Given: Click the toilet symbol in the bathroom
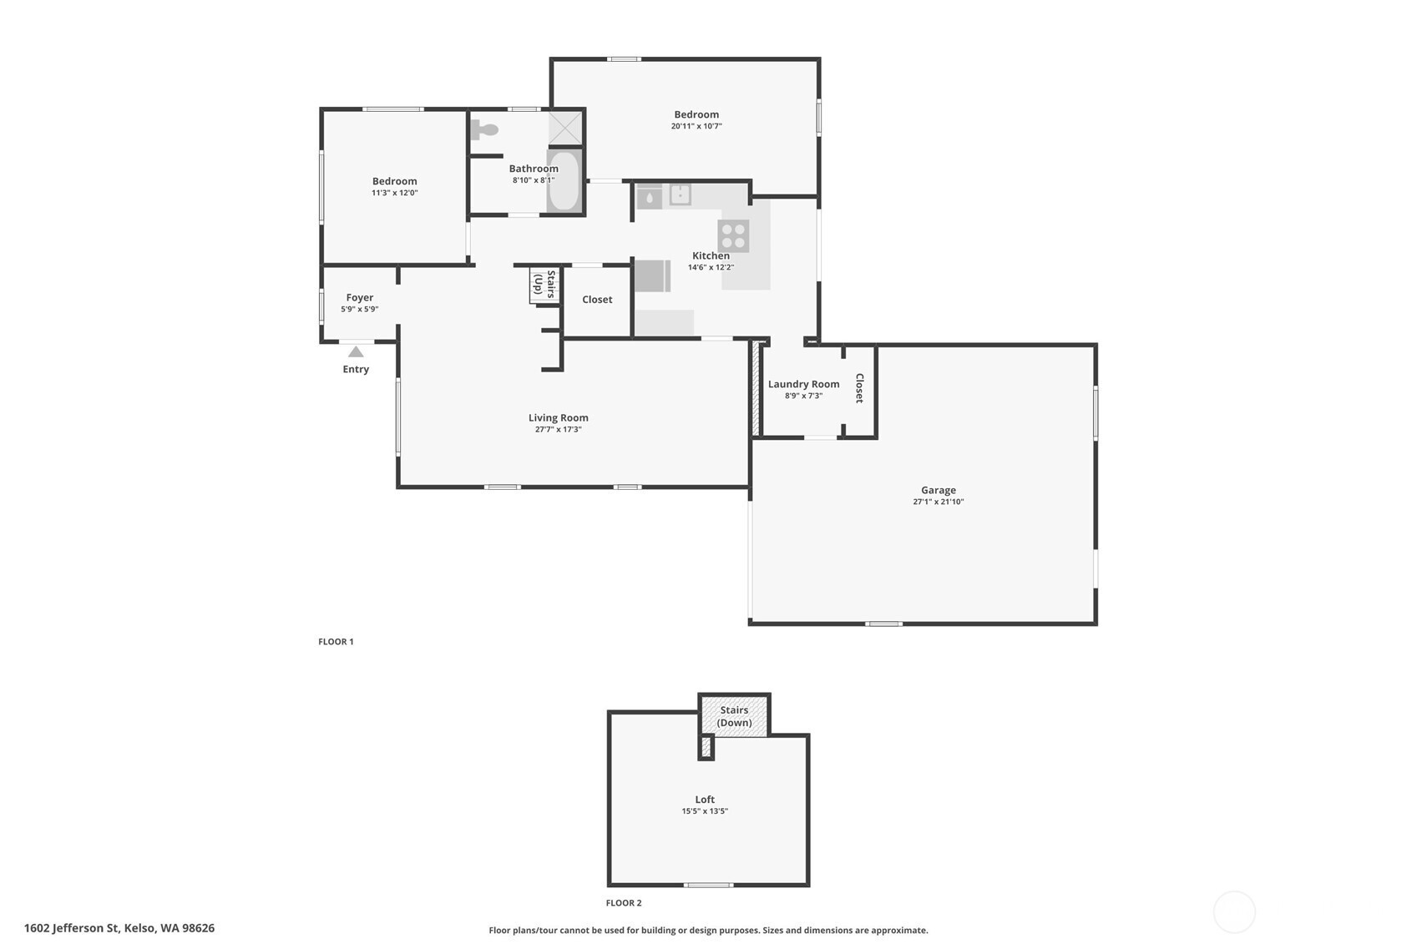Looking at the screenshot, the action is (x=484, y=129).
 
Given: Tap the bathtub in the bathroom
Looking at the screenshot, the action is (x=564, y=181).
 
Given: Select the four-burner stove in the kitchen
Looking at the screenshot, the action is (x=733, y=236).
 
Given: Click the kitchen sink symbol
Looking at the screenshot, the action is (x=680, y=194).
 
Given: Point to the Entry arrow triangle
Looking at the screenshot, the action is (x=357, y=352).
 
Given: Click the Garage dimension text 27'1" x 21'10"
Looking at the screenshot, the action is (x=939, y=502).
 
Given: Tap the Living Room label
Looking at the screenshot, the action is (x=559, y=418).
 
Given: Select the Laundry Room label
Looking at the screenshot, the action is (x=803, y=385).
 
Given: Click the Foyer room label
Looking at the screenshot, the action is (x=360, y=298).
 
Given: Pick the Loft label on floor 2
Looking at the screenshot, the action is (x=705, y=800).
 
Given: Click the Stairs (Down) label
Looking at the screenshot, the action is (x=735, y=716).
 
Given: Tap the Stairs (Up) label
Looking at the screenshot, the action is (x=544, y=285).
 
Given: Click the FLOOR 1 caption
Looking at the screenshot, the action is (x=336, y=642).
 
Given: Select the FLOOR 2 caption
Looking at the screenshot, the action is (x=624, y=903).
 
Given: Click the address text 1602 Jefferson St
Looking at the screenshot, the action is (x=72, y=928).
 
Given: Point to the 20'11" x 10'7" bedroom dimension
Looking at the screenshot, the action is (x=696, y=127).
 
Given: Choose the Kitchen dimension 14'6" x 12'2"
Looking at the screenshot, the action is (x=711, y=267).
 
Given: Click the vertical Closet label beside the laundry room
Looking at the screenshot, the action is (x=860, y=388).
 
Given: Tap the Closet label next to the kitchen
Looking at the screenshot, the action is (x=597, y=300).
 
